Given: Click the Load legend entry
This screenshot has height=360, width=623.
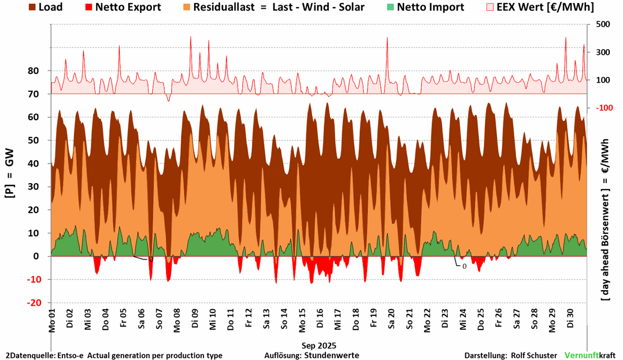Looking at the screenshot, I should pyautogui.click(x=45, y=8).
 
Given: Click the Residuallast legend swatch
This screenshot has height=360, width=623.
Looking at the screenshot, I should pyautogui.click(x=186, y=8).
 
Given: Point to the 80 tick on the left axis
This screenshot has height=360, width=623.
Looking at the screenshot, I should pyautogui.click(x=34, y=71).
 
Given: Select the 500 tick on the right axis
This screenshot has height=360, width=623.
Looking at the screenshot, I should pyautogui.click(x=603, y=24).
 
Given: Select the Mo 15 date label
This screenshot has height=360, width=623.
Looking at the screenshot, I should pyautogui.click(x=302, y=320).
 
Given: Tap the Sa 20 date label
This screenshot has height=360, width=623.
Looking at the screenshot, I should pyautogui.click(x=391, y=320).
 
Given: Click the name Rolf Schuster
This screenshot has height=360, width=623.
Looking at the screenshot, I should pyautogui.click(x=535, y=355).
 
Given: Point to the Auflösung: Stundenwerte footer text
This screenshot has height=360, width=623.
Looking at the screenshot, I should pyautogui.click(x=311, y=355).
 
